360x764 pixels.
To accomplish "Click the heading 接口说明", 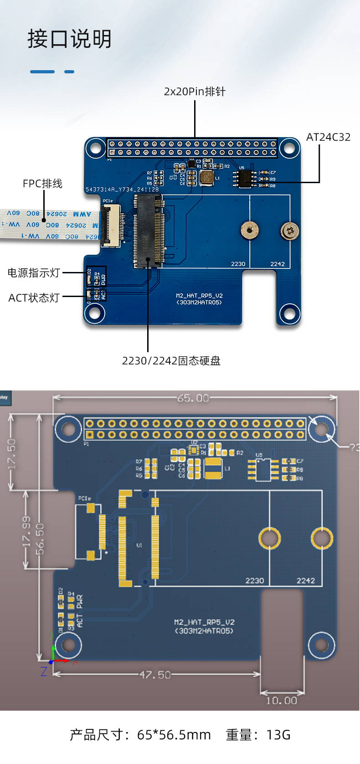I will [x=69, y=39].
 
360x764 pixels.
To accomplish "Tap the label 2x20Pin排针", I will [x=195, y=92].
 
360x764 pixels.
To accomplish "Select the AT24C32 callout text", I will [x=328, y=137].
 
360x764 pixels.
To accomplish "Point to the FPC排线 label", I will [x=42, y=184].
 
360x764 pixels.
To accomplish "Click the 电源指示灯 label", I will [x=34, y=273].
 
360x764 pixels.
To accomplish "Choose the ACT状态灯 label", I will [x=34, y=298].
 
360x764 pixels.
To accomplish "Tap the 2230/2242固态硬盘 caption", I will [x=171, y=361].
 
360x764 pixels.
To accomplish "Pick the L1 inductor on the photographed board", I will [x=207, y=178].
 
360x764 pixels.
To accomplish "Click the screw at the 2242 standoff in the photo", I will [x=290, y=231].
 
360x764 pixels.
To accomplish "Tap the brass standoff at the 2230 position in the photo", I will [x=249, y=230].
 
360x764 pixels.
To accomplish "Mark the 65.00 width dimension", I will [x=193, y=398].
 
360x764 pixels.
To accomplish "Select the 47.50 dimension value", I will [x=155, y=675].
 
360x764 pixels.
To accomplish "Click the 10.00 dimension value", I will [x=281, y=701].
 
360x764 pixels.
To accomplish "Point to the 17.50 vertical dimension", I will [x=12, y=453].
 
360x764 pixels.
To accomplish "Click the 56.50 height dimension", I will [x=40, y=539].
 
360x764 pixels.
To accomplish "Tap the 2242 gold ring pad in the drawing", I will [x=322, y=538].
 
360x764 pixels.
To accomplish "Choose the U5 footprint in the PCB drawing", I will [x=263, y=470].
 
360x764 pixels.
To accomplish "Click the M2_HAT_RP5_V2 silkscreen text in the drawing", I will [x=204, y=622].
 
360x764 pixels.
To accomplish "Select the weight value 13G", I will [x=278, y=735].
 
